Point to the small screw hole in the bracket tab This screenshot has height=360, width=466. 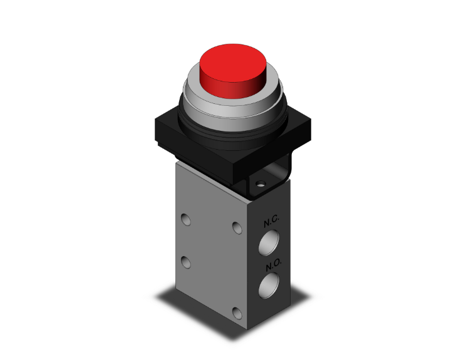pos(261,184)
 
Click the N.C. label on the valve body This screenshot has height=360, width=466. pos(271,221)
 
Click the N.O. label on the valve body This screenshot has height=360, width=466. pos(274,264)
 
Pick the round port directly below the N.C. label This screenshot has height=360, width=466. pos(269,243)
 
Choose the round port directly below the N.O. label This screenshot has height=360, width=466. pos(269,285)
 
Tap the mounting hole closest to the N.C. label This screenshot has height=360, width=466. pos(237,228)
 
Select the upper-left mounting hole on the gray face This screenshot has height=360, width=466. pos(186,220)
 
